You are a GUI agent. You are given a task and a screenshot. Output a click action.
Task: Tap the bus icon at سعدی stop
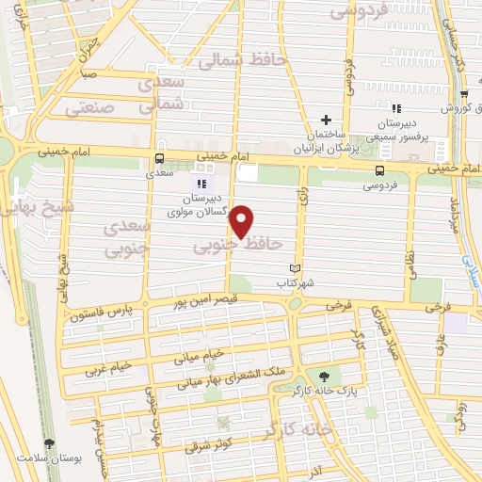coord(158,158)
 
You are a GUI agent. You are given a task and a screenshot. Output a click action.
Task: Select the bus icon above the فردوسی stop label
coord(379,170)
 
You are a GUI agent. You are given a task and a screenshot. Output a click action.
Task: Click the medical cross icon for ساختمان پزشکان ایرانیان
coord(327,120)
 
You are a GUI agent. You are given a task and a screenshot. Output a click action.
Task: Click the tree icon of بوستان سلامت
coord(49,443)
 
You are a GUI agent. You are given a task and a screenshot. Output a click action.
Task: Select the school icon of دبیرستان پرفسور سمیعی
coord(395,110)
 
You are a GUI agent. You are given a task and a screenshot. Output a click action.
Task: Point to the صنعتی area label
coord(94,108)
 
